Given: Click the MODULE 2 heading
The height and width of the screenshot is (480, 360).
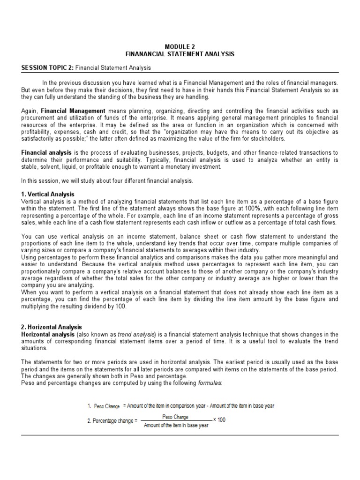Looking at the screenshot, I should (180, 47).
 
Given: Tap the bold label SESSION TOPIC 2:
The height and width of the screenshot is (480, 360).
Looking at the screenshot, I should (47, 68).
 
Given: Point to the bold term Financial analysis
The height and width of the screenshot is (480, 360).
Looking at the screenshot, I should (46, 153).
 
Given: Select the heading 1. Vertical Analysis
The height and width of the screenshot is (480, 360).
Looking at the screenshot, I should (48, 194).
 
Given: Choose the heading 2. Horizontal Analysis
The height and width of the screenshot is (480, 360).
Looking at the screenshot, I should (52, 327).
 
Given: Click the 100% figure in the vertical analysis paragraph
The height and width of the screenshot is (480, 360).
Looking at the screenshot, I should (250, 208).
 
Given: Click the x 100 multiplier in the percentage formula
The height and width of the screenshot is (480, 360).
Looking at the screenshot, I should (219, 420).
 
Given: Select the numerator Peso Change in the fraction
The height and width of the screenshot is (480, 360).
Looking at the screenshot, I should (175, 417).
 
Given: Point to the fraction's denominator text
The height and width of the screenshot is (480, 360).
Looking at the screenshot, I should (176, 425).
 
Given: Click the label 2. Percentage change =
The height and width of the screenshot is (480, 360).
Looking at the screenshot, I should (112, 421).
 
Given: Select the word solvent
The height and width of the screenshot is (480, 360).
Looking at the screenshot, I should (48, 167).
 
